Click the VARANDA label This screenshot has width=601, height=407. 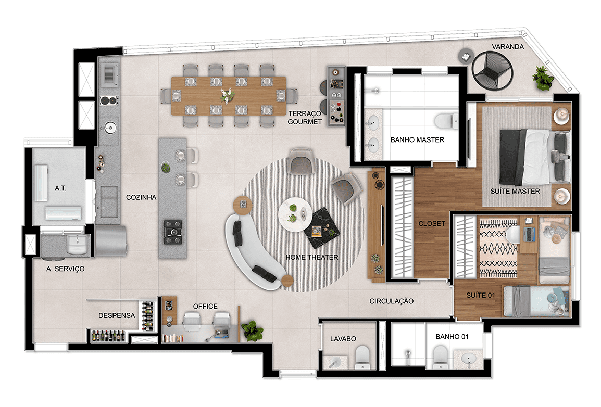(507, 47)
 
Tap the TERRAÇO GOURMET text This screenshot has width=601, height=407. (305, 118)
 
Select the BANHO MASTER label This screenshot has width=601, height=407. (417, 140)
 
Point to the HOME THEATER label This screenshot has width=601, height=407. (311, 257)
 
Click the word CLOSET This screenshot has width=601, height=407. (432, 224)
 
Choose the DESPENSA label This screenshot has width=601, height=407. (117, 315)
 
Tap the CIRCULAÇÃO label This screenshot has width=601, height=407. (391, 301)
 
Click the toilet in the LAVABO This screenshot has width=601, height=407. (362, 357)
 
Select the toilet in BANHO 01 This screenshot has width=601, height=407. (439, 357)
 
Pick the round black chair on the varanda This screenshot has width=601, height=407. (492, 71)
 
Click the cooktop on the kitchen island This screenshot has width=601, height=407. (173, 232)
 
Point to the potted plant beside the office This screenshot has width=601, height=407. (252, 330)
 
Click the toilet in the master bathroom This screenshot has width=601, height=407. (446, 120)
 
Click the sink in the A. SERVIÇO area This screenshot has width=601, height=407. (78, 244)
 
